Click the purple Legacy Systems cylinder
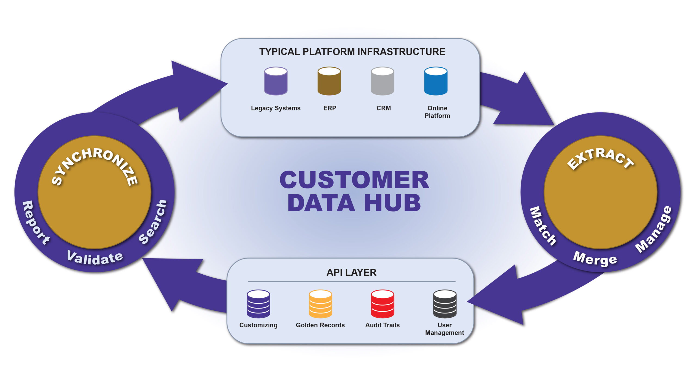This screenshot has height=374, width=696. click(276, 81)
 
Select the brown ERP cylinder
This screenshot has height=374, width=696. click(329, 81)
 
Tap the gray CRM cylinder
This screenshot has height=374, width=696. click(382, 81)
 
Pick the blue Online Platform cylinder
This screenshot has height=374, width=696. click(436, 81)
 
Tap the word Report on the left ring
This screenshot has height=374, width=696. click(35, 223)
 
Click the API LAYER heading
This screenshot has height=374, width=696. click(351, 272)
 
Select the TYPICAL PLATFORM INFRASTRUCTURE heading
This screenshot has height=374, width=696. click(352, 52)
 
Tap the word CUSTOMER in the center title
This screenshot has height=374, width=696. click(354, 180)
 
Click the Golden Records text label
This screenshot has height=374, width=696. click(320, 325)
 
